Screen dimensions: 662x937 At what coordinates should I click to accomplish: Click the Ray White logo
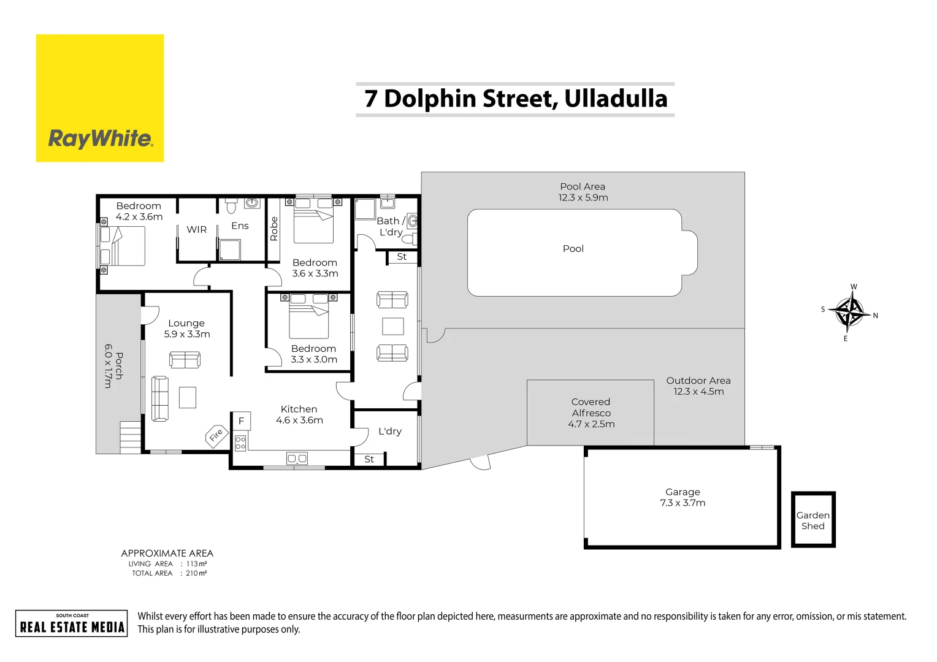point(100,98)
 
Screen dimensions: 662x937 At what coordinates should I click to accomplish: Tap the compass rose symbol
point(850,312)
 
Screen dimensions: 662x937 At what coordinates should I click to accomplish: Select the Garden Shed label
point(813,520)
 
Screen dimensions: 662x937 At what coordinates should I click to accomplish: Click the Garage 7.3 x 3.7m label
point(682,497)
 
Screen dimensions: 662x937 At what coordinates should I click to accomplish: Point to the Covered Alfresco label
point(591,413)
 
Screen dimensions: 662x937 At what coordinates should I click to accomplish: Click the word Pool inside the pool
point(573,248)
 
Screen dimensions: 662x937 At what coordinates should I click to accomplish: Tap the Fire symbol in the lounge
point(216,436)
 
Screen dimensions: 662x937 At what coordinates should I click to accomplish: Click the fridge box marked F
point(241,421)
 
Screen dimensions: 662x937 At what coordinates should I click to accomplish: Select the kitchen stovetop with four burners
point(240,443)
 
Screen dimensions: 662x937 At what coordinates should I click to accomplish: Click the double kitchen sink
point(297,458)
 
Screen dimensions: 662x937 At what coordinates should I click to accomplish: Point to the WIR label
point(196,229)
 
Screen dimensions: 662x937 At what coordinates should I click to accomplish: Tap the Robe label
point(273,229)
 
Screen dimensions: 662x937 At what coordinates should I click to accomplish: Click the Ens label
point(240,226)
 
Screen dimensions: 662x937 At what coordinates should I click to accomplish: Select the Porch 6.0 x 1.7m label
point(113,365)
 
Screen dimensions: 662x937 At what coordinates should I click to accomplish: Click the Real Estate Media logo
point(72,623)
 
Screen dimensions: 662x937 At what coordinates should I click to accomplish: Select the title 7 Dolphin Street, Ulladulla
point(515,99)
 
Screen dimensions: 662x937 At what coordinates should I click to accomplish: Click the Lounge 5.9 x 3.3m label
point(186,329)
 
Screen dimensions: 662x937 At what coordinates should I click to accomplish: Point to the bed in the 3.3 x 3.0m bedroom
point(308,321)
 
